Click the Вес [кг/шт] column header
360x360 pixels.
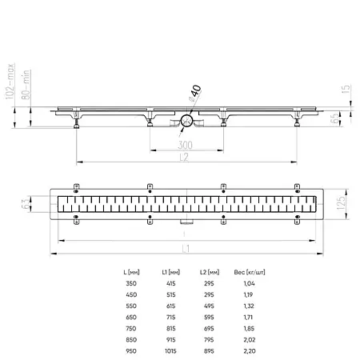249,274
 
